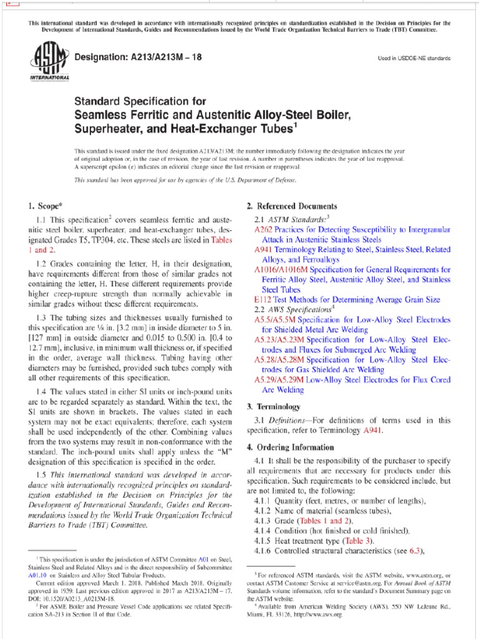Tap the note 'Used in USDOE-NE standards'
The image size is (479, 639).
414,58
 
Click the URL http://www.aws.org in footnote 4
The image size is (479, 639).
320,615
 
